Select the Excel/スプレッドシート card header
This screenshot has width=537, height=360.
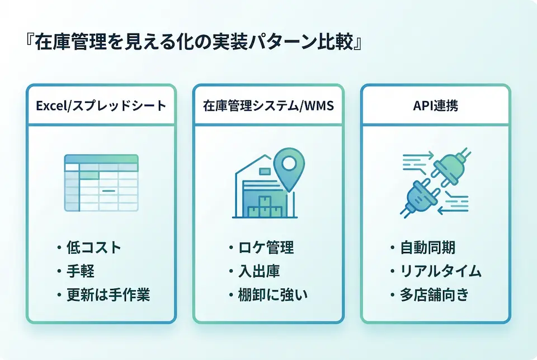[x=101, y=105]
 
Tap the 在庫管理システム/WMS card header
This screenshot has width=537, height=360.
[x=268, y=105]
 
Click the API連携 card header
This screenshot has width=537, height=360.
[x=435, y=105]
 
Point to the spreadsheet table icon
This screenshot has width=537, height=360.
[x=101, y=183]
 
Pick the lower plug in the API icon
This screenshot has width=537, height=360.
[x=420, y=197]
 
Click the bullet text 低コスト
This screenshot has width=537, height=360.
[x=93, y=248]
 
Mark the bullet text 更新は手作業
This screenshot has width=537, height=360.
[x=107, y=295]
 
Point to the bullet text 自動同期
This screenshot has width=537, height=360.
[x=428, y=248]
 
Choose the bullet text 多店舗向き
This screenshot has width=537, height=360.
[x=435, y=295]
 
